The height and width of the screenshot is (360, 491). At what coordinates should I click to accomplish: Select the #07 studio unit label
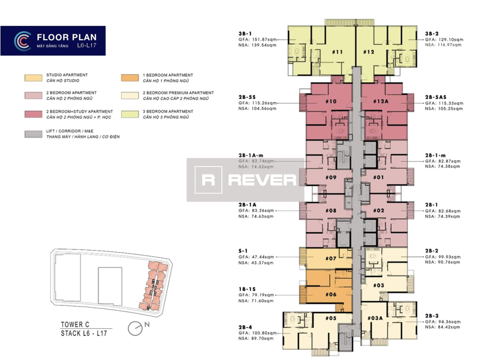330,259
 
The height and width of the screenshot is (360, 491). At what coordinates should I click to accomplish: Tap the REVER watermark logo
245,180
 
